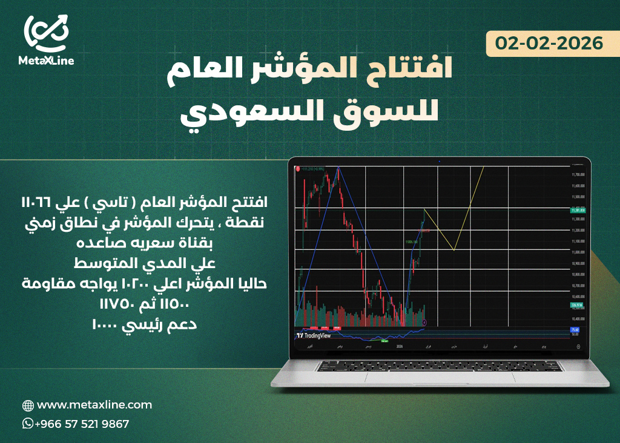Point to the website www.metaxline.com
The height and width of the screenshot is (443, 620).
[x=94, y=405]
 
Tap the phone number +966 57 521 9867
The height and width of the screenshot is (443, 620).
[x=82, y=424]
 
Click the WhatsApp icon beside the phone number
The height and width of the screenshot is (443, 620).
[x=28, y=424]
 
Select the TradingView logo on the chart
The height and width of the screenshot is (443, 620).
[x=315, y=335]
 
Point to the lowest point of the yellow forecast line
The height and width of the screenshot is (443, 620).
[x=453, y=250]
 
